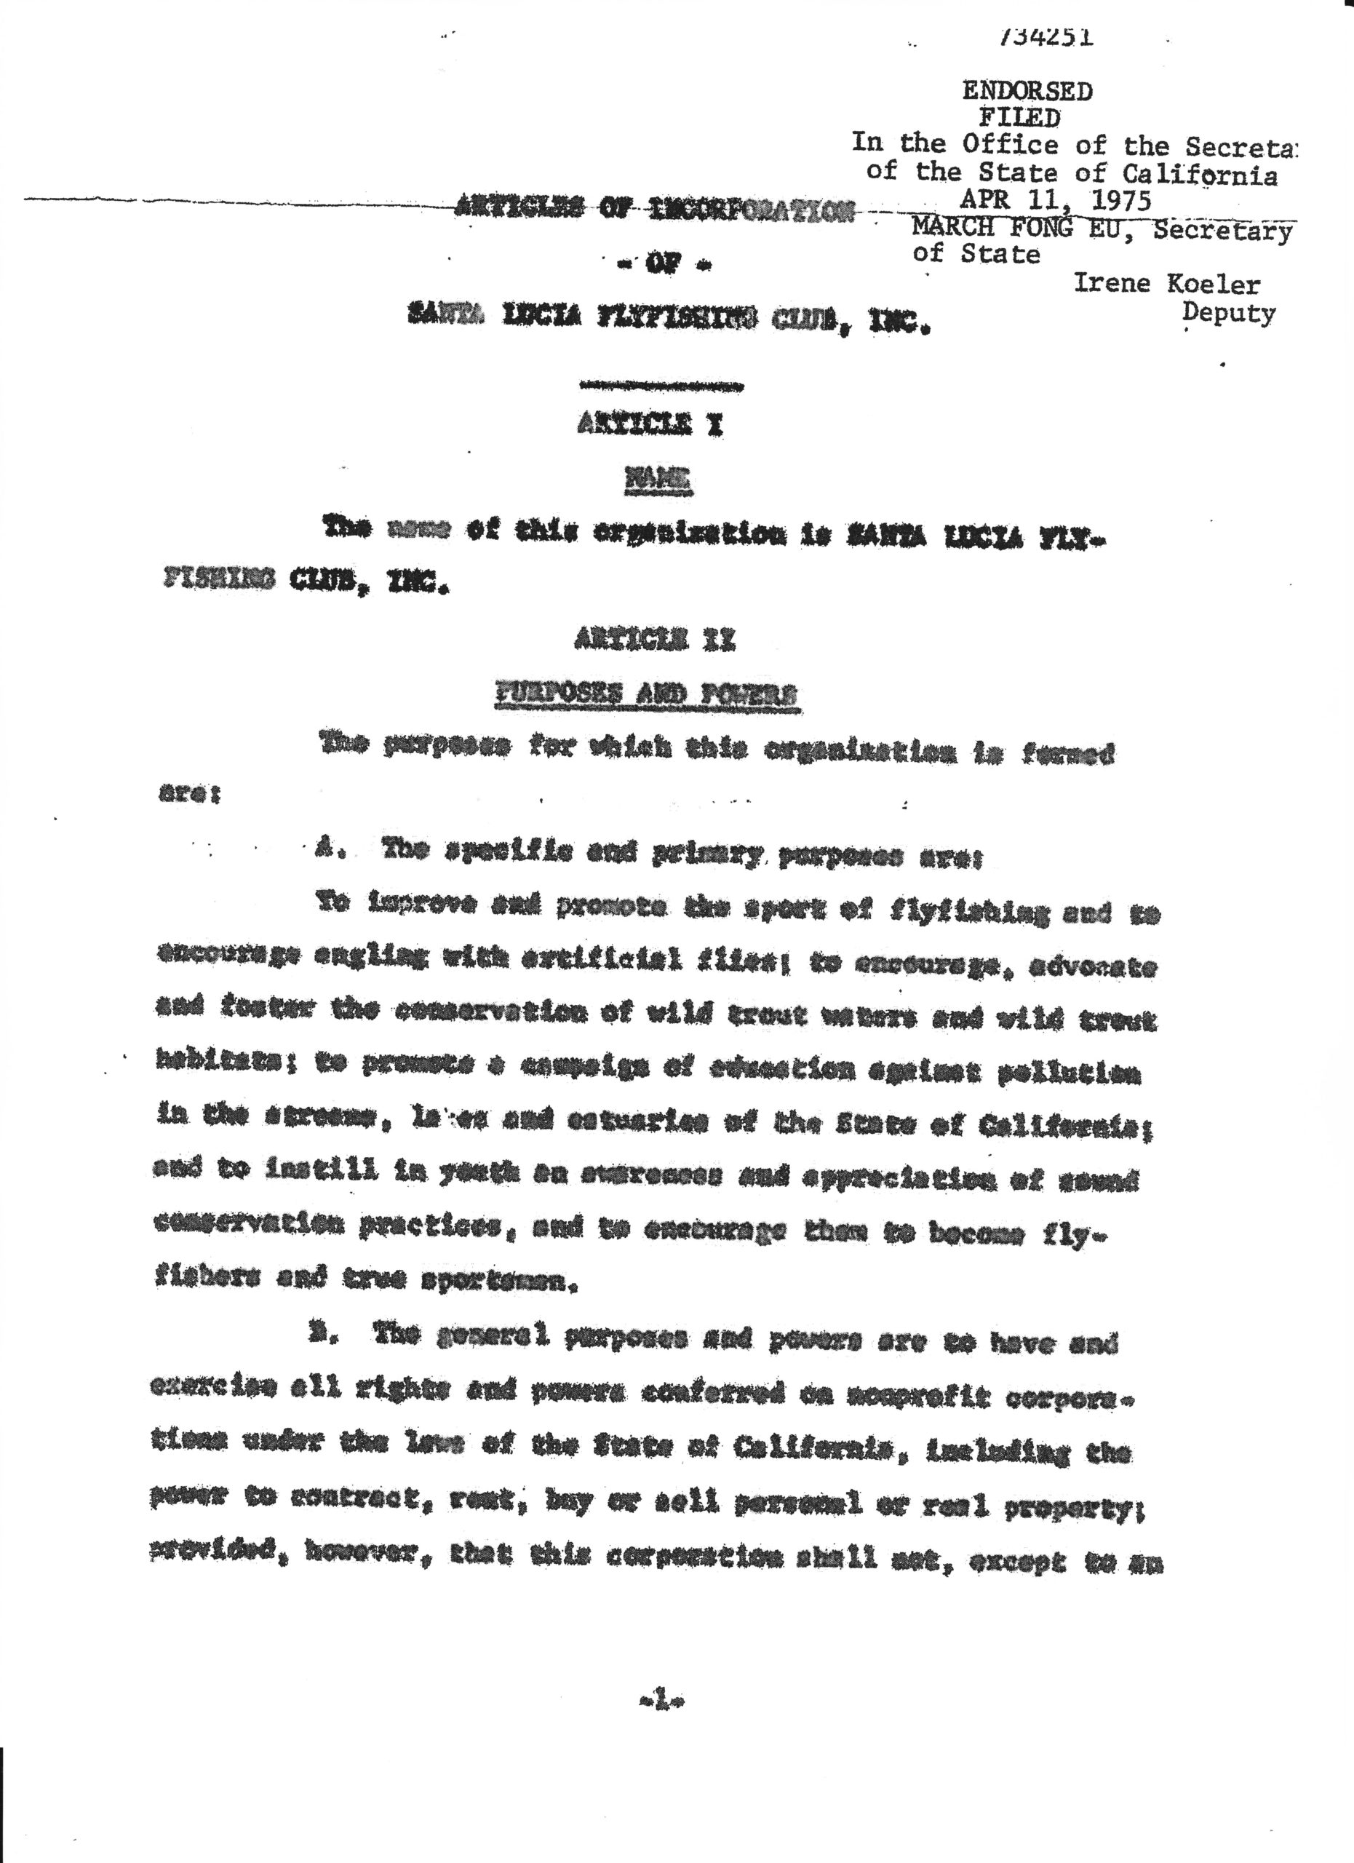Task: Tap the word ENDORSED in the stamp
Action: (x=1027, y=91)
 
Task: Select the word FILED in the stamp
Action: (x=1020, y=117)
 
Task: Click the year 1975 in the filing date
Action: (x=1115, y=200)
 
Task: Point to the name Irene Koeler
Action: (x=1166, y=285)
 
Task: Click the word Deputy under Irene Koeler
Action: (x=1228, y=313)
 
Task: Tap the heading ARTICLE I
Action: (x=650, y=424)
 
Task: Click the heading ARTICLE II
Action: (x=656, y=638)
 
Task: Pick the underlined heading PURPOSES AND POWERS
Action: (x=645, y=696)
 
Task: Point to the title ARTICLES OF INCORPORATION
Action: (x=653, y=211)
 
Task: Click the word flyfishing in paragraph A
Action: (x=967, y=912)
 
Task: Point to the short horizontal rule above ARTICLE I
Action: (x=662, y=384)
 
